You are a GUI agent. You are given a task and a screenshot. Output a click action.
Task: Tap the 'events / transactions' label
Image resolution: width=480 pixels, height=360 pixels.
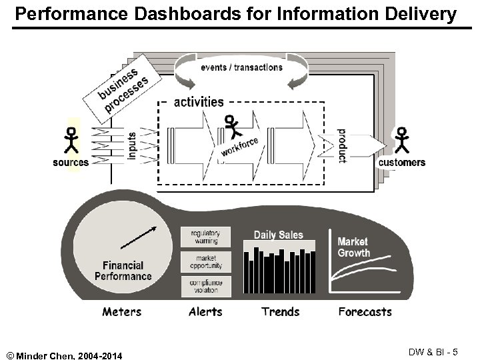click(241, 67)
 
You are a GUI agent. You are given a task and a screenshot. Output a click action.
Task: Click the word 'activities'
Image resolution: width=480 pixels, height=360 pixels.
click(199, 102)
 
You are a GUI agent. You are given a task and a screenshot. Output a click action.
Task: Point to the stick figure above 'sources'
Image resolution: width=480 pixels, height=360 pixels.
click(70, 141)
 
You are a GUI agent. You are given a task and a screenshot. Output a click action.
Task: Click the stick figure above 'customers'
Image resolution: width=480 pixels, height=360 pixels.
click(401, 141)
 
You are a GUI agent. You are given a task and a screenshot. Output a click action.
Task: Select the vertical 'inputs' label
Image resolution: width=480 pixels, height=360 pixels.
click(131, 145)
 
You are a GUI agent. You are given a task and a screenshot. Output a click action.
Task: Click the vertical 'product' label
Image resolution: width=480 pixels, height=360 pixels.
click(341, 145)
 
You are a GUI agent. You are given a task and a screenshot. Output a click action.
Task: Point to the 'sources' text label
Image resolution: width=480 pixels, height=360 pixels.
click(71, 162)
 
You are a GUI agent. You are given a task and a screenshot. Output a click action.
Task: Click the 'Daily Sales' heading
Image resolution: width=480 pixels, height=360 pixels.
click(278, 235)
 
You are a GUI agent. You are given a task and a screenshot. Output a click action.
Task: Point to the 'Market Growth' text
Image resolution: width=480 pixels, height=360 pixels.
click(353, 247)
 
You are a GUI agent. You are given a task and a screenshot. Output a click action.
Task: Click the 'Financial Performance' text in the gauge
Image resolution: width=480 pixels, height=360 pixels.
click(123, 271)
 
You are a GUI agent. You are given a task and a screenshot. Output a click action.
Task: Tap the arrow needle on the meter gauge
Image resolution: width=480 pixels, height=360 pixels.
click(139, 238)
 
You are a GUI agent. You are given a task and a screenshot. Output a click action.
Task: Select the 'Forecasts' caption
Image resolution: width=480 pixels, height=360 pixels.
click(365, 311)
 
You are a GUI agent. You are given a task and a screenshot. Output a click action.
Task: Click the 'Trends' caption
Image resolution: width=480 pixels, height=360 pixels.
click(279, 311)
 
